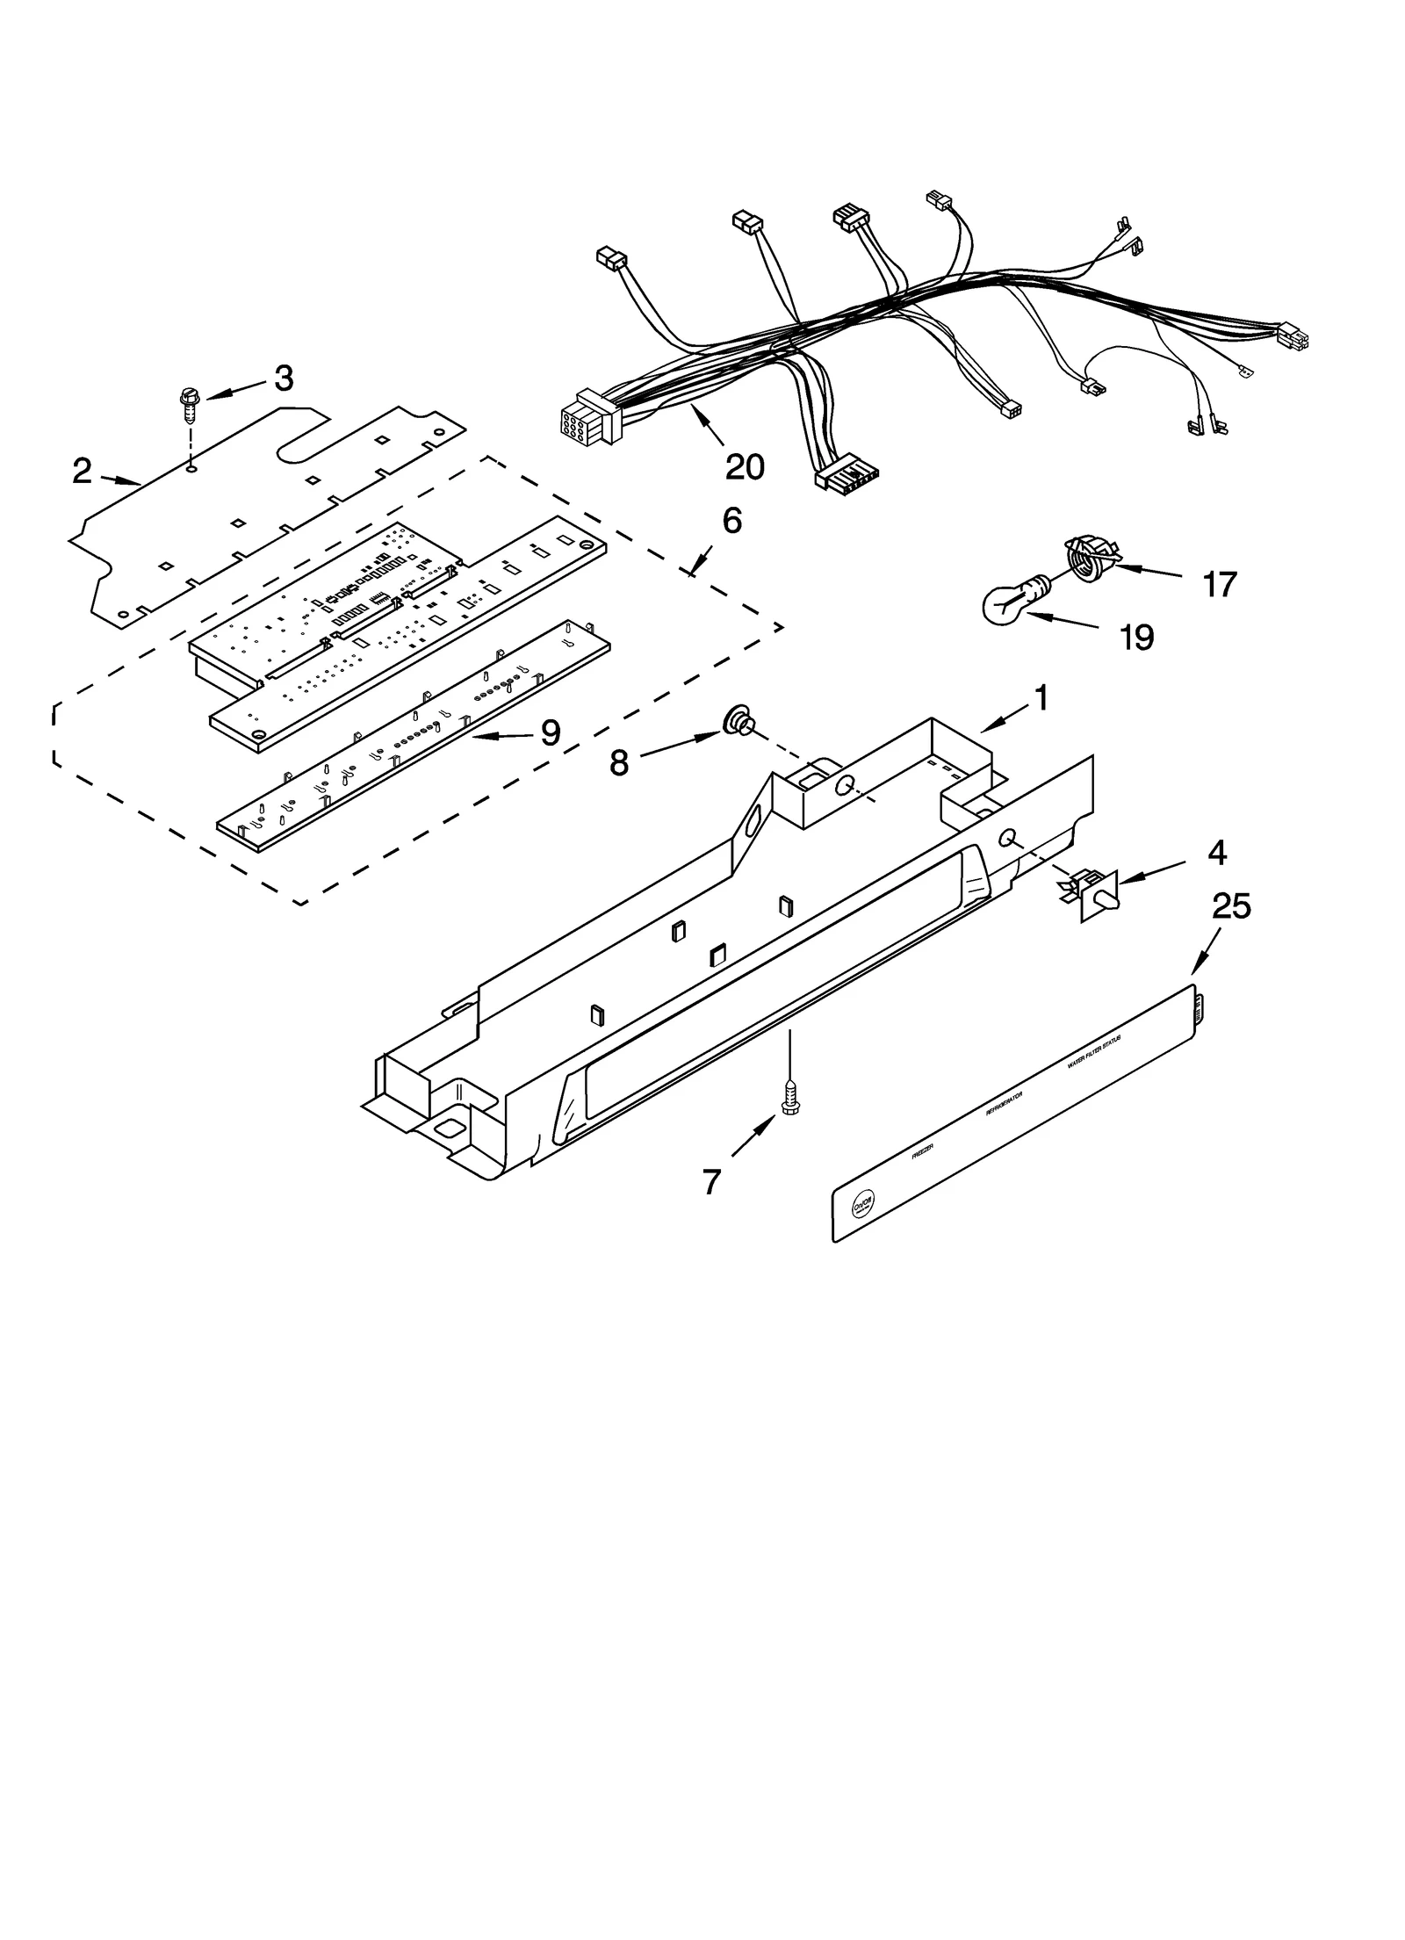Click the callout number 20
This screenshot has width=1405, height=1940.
coord(744,466)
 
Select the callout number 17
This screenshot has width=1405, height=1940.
coord(1219,584)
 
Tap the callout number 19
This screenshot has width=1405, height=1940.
coord(1136,638)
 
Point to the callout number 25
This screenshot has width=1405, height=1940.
coord(1231,905)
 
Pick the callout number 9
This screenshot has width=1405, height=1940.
coord(551,732)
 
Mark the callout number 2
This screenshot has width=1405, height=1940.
coord(81,472)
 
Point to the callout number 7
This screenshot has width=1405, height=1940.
coord(710,1183)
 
